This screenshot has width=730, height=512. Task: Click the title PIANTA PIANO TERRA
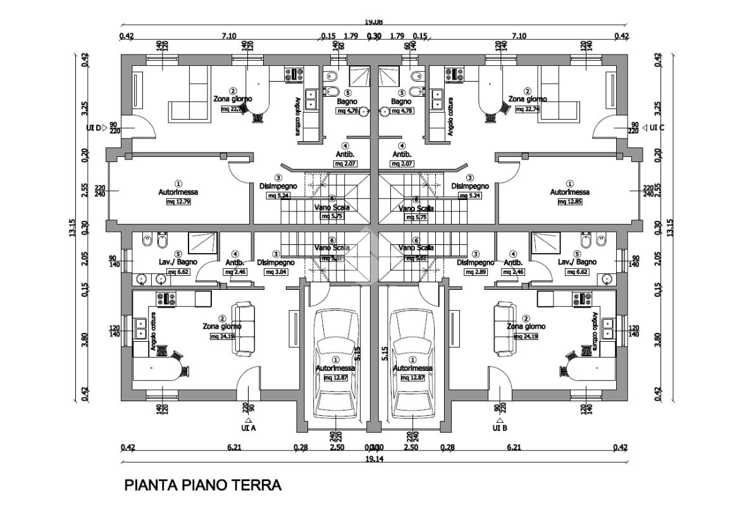click(x=203, y=485)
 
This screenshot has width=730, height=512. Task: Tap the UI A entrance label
click(x=249, y=428)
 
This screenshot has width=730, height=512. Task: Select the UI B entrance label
click(x=500, y=428)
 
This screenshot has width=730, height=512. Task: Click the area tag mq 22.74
click(x=528, y=109)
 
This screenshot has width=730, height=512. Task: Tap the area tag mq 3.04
click(x=276, y=272)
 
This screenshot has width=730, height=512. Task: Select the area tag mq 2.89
click(x=475, y=272)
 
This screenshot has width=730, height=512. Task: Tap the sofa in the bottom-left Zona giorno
click(x=244, y=329)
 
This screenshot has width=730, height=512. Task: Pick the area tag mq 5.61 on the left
click(x=332, y=258)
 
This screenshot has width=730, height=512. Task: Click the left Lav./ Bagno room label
click(x=178, y=261)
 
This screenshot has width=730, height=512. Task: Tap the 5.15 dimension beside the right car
click(x=384, y=353)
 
